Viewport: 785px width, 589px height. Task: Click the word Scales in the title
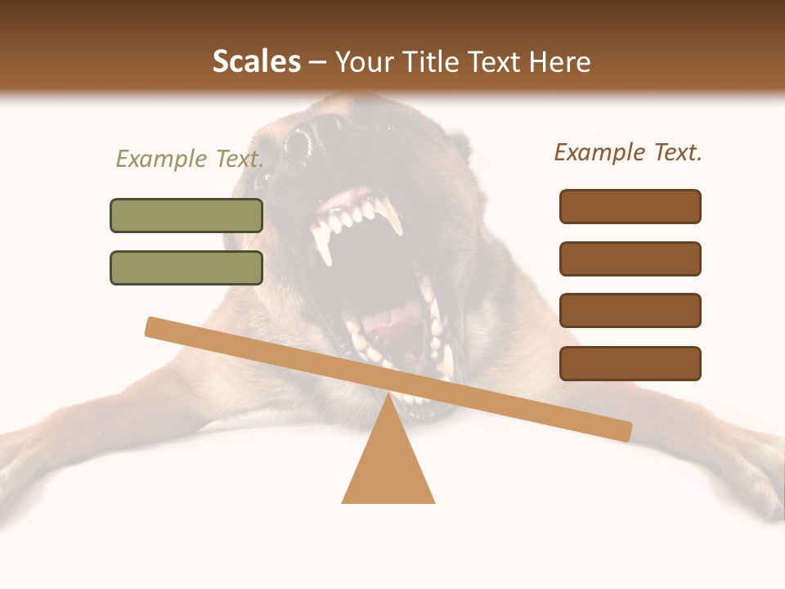tap(256, 61)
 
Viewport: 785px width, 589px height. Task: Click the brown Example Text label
tap(628, 152)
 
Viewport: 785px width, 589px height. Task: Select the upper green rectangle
tap(186, 215)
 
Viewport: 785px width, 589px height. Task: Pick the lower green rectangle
tap(186, 268)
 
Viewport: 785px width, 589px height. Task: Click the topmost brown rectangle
tap(630, 206)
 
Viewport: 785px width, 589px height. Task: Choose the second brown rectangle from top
tap(630, 259)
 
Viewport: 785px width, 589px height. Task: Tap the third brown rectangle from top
tap(630, 310)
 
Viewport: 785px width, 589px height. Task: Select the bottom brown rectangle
tap(630, 363)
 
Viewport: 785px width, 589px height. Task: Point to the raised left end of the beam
tap(155, 327)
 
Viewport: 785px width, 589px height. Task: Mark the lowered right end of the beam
tap(621, 430)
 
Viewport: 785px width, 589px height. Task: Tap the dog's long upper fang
tap(392, 217)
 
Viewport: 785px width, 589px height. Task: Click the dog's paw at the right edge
tap(756, 474)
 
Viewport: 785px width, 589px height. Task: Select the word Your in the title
tap(364, 61)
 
